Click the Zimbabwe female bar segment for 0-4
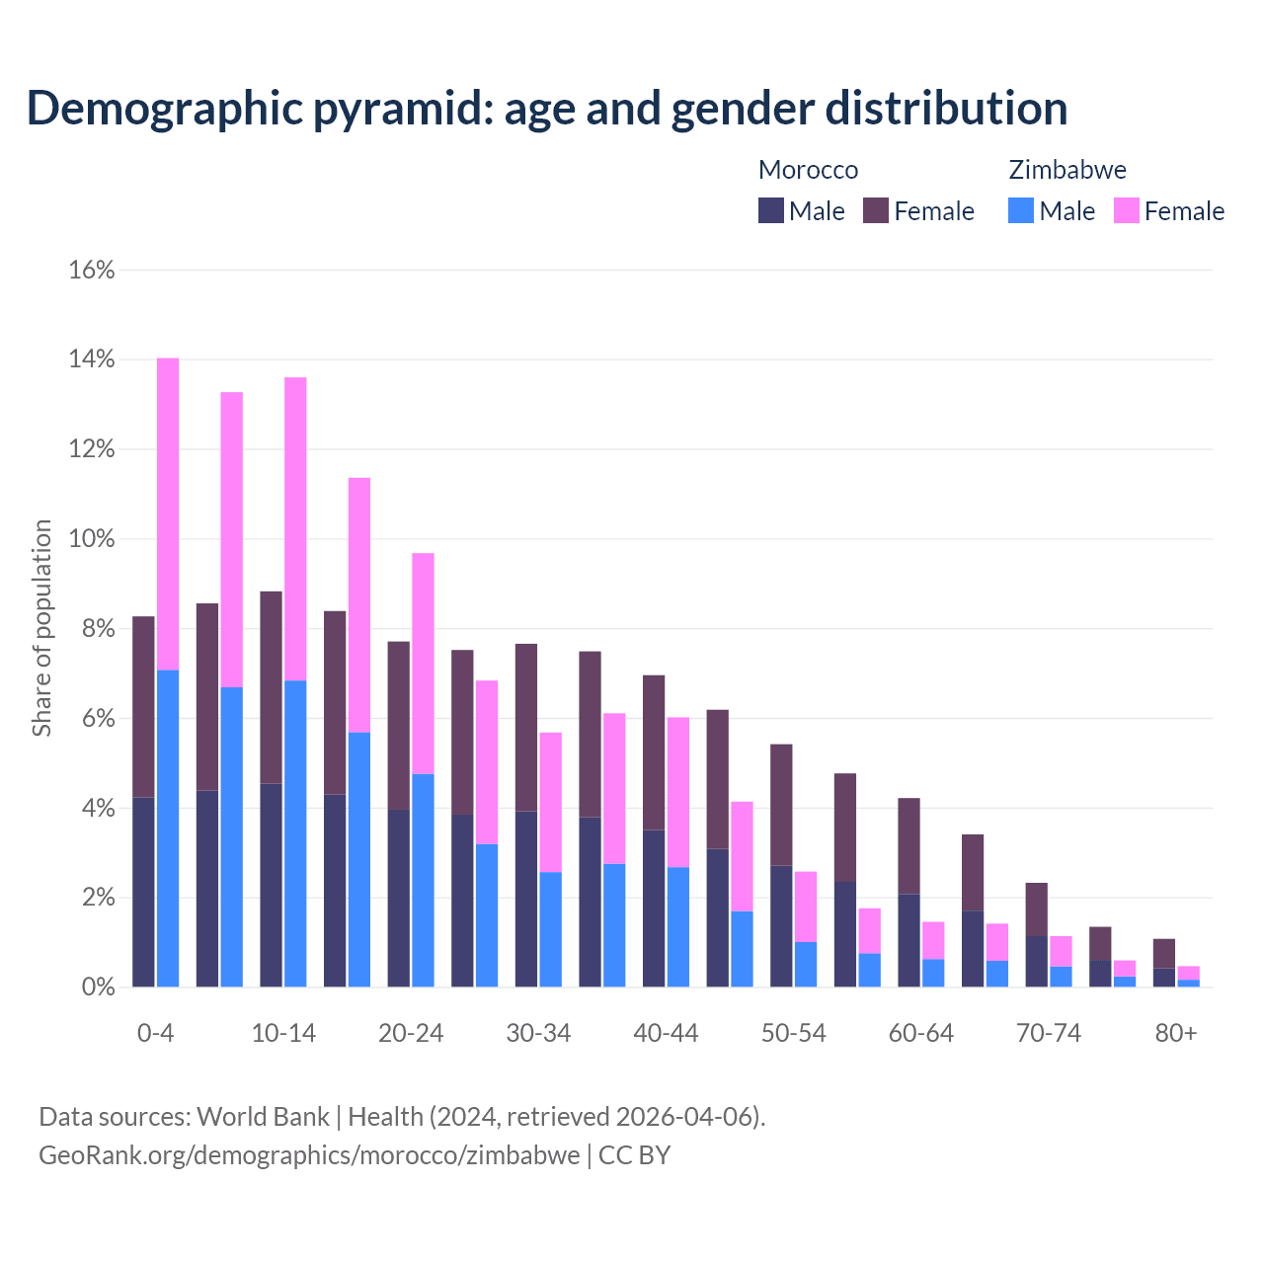click(168, 513)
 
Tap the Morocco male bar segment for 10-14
click(271, 885)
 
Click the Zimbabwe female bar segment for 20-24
click(423, 663)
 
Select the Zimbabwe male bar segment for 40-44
click(677, 926)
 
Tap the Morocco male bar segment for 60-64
click(908, 940)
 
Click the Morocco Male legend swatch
click(771, 210)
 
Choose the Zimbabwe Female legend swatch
click(1127, 210)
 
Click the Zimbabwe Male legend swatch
click(1021, 210)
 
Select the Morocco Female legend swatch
click(876, 210)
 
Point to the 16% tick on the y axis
click(92, 270)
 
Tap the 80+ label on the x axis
click(1175, 1033)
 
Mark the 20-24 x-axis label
click(411, 1033)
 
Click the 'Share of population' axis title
click(41, 628)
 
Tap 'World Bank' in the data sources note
click(263, 1117)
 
